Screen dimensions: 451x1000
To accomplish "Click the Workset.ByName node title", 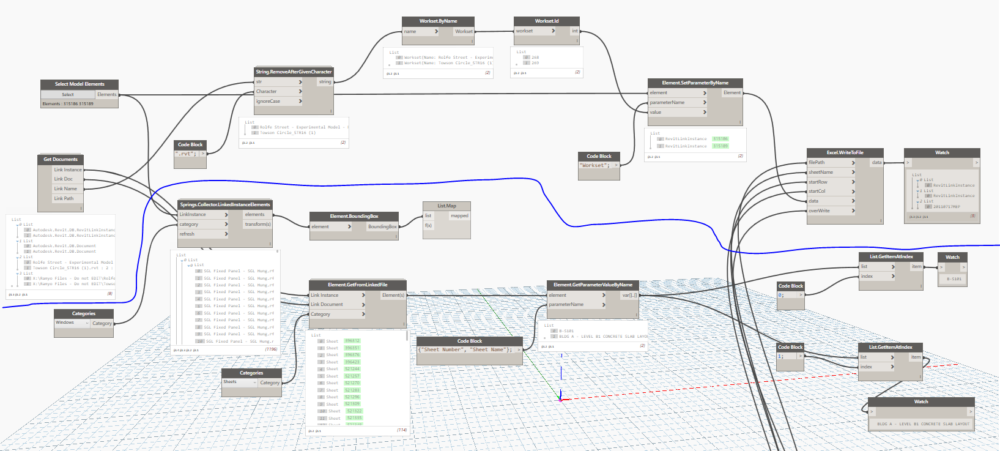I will click(x=438, y=21).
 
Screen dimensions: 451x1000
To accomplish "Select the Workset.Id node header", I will click(x=546, y=21).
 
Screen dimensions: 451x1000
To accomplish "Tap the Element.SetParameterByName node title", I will click(x=695, y=83).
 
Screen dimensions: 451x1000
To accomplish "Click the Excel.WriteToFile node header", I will click(x=845, y=152).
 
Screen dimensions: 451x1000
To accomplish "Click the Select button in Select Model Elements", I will click(x=68, y=94).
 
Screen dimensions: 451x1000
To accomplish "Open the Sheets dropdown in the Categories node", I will click(x=239, y=382).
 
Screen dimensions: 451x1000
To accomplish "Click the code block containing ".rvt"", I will click(x=187, y=154).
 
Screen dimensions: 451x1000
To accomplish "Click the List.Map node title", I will click(x=446, y=206).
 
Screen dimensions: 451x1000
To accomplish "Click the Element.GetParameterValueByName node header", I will click(x=593, y=285).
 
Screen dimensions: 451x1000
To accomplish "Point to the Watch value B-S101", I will click(x=954, y=279).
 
